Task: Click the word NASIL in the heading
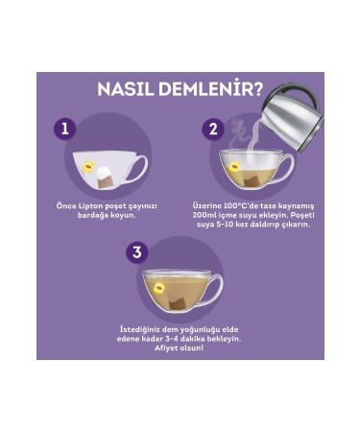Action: tap(132, 90)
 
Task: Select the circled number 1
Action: tap(64, 129)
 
